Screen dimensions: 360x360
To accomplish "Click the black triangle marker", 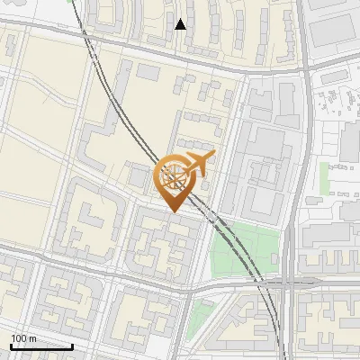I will point(181,24).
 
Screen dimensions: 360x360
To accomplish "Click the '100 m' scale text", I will point(23,338).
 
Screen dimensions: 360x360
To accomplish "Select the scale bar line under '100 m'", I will point(41,346).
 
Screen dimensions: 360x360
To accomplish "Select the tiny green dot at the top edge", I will point(70,2).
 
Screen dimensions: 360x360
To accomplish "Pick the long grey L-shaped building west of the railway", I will point(108,144).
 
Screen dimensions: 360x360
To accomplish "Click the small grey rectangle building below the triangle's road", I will point(148,70).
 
